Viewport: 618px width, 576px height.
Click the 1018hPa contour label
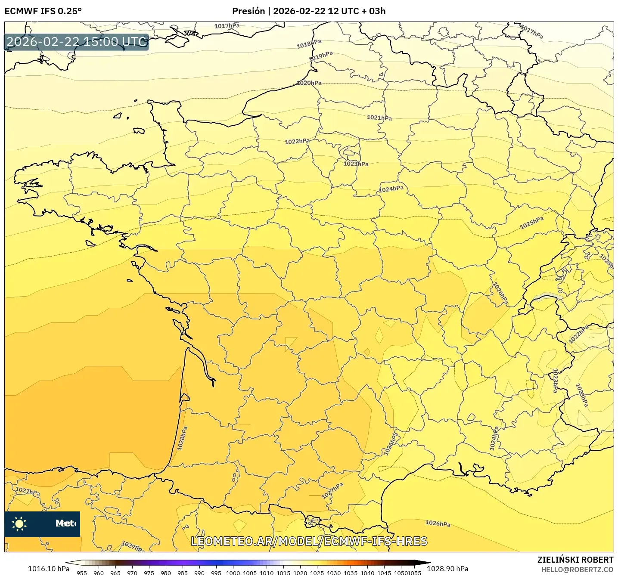tap(309, 43)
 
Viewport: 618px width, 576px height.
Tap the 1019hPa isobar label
tap(321, 56)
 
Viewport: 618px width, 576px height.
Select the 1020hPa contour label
tap(309, 83)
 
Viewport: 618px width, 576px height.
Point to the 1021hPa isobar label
tap(379, 118)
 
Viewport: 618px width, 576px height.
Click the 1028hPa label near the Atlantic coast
tap(183, 438)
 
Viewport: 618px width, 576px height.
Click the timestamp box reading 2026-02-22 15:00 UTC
tap(77, 42)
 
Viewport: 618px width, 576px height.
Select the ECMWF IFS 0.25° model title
tap(43, 11)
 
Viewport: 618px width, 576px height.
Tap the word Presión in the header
tap(248, 11)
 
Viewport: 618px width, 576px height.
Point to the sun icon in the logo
tap(19, 523)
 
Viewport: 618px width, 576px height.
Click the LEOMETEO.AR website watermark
tap(309, 541)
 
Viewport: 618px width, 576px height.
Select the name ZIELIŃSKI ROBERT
tap(575, 560)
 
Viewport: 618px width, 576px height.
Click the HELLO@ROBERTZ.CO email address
tap(577, 570)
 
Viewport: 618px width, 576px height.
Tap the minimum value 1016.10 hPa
tap(48, 569)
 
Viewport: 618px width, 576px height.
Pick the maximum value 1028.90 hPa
tap(448, 569)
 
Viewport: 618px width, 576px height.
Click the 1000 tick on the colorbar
tap(233, 573)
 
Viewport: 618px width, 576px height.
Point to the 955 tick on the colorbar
tap(82, 573)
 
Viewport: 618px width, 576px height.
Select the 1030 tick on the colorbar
tap(334, 573)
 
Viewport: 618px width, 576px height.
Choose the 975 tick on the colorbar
tap(149, 573)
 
